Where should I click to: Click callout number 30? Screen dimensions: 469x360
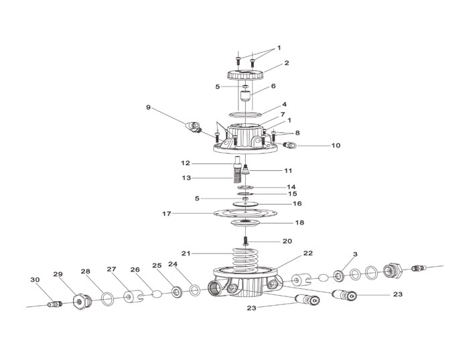tap(35, 280)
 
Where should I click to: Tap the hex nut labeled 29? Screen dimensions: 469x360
tap(82, 302)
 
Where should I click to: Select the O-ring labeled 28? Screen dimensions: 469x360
tap(108, 298)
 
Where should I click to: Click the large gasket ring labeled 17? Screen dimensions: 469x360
tap(245, 214)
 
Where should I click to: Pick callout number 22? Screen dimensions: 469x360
tap(308, 253)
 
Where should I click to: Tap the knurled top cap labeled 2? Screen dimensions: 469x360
tap(245, 74)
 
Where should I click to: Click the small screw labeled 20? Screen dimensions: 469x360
tap(246, 241)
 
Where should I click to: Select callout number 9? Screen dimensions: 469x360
tap(148, 107)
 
